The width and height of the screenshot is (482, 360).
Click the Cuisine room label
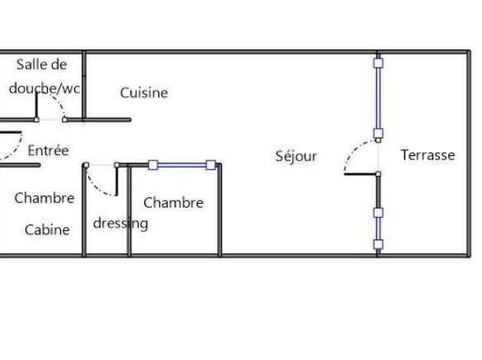tap(144, 92)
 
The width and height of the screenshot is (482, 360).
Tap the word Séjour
tap(296, 157)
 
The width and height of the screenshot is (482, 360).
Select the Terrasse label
tap(428, 155)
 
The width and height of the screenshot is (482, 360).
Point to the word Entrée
tap(48, 150)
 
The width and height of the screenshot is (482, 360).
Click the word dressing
tap(120, 224)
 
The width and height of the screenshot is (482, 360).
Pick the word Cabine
tap(47, 230)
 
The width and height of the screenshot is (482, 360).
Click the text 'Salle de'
tap(41, 64)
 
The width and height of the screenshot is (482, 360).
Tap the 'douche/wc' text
tap(45, 88)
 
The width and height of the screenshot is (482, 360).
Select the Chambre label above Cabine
tap(45, 198)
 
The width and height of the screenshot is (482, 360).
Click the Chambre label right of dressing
tap(173, 203)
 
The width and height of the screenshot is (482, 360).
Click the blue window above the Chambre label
tap(182, 165)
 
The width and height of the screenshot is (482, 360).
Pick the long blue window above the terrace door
tap(378, 98)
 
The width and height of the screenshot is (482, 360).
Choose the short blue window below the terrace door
tap(378, 229)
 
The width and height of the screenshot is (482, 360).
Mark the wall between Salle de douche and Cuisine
tap(84, 86)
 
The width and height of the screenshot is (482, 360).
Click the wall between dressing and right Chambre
tap(129, 211)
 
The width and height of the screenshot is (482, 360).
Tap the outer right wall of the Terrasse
tap(469, 154)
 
